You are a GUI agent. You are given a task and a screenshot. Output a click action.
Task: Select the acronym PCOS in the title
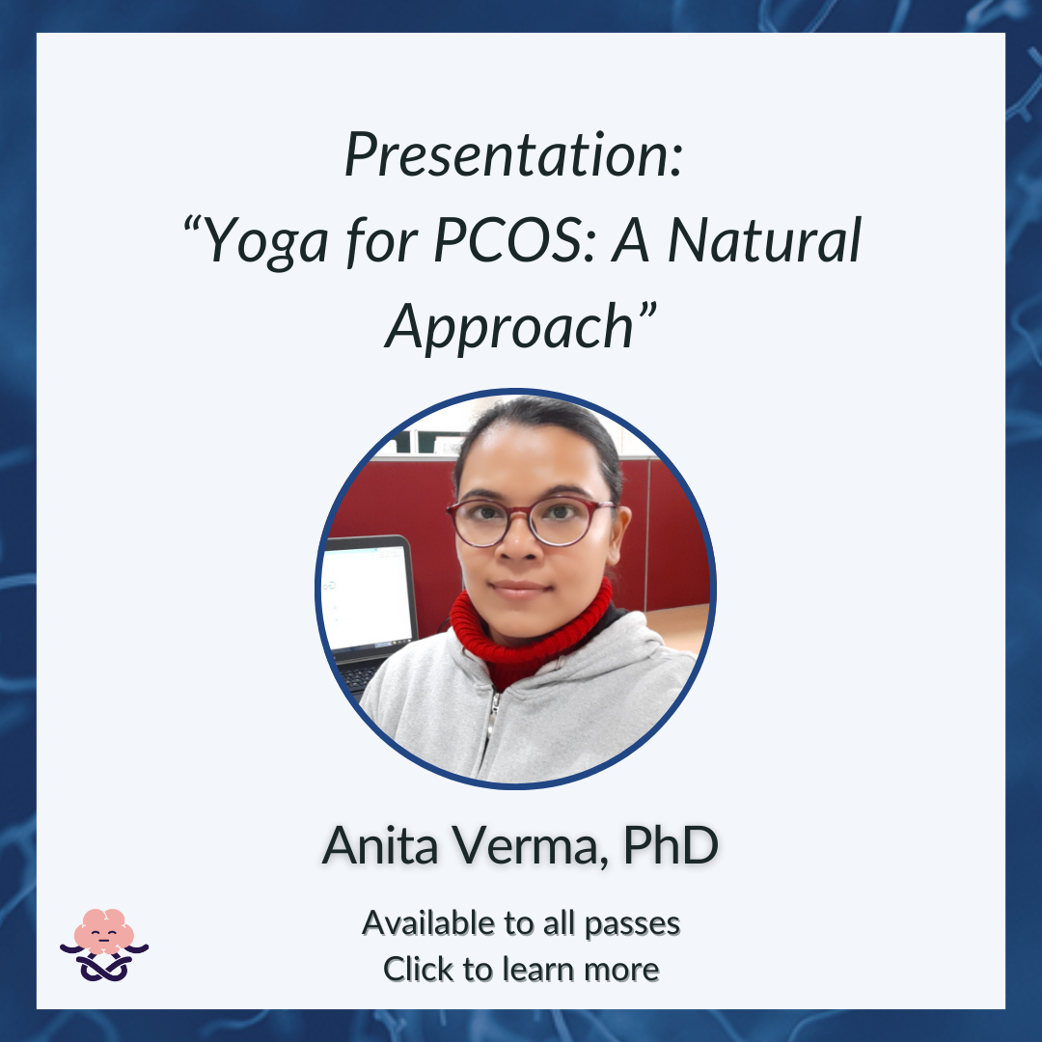[x=507, y=240]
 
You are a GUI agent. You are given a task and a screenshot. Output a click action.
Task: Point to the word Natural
[x=764, y=240]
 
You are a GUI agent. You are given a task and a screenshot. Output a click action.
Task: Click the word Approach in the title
[x=509, y=328]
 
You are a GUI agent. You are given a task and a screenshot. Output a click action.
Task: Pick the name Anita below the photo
[x=380, y=845]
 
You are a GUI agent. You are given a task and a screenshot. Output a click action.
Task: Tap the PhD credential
[x=671, y=845]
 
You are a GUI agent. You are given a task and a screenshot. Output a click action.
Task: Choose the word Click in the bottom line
[x=419, y=969]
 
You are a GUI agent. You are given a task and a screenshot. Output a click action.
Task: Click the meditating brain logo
[x=103, y=945]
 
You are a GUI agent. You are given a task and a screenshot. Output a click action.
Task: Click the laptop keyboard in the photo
[x=359, y=675]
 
